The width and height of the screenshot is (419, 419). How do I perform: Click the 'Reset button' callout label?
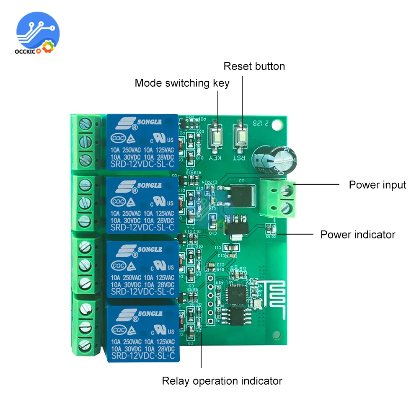pos(254,66)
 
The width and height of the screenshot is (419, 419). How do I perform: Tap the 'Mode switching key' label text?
pos(182,83)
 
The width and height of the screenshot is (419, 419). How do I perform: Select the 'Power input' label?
pos(378,185)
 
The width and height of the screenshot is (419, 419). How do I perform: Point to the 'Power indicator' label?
pos(357,234)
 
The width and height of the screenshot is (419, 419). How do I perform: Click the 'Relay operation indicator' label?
pos(222,381)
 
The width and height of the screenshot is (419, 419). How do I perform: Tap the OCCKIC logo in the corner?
pos(38,33)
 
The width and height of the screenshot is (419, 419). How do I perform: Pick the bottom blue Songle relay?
pos(142,331)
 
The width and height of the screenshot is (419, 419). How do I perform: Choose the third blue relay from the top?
pos(142,269)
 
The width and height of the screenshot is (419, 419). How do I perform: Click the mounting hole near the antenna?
pos(275,335)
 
